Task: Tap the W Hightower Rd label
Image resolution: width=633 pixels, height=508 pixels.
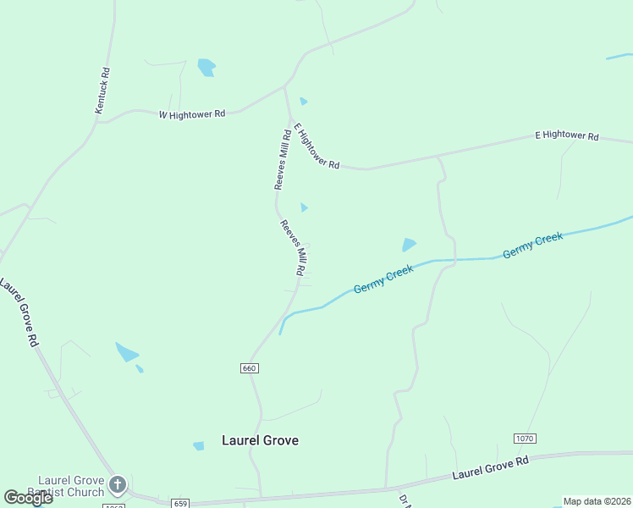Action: coord(192,113)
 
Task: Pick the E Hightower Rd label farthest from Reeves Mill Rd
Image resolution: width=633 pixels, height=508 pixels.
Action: coord(566,135)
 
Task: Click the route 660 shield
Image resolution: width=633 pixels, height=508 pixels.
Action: coord(249,368)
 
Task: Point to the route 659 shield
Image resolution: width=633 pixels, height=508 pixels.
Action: coord(179,503)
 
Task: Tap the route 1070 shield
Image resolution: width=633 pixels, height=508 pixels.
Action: coord(525,438)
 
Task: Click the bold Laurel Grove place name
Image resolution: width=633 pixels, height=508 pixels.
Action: coord(260,440)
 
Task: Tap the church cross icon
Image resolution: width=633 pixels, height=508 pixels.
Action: coord(118,485)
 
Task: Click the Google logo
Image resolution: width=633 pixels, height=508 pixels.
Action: coord(28,498)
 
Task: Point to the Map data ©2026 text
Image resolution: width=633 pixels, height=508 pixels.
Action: coord(597,501)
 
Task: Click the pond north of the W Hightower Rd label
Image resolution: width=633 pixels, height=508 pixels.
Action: coord(206,67)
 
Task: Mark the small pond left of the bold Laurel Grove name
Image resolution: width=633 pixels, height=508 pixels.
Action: coord(199,446)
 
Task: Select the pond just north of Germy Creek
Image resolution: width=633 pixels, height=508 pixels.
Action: coord(410,245)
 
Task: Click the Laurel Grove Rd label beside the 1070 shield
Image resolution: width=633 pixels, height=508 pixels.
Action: coord(490,468)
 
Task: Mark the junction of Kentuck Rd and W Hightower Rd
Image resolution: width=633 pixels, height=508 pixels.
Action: coord(97,122)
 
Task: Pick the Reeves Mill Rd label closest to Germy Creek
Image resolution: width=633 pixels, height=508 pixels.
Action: coord(293,247)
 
